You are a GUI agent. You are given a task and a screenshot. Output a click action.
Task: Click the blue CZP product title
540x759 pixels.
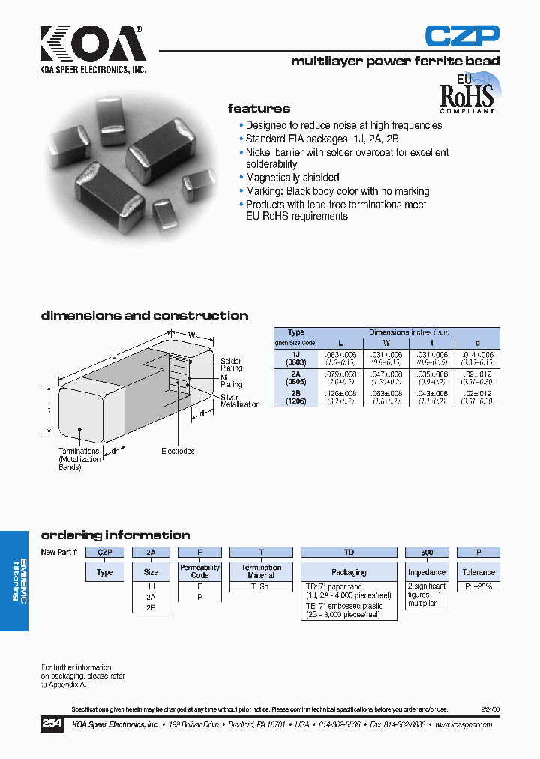pyautogui.click(x=461, y=36)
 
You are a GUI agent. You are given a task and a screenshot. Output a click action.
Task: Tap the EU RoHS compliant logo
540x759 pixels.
pyautogui.click(x=467, y=93)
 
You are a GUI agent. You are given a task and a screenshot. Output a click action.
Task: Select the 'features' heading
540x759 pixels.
pyautogui.click(x=259, y=109)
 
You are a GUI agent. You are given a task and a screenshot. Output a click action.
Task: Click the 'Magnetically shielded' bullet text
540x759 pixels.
pyautogui.click(x=292, y=178)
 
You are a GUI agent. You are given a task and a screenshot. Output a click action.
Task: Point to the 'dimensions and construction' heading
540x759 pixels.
pyautogui.click(x=144, y=316)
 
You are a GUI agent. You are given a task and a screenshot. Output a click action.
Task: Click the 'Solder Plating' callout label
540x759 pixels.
pyautogui.click(x=231, y=364)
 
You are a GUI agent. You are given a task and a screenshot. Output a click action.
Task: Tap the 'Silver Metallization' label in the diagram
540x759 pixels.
pyautogui.click(x=239, y=400)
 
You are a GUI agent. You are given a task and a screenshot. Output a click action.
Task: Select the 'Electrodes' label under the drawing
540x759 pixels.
pyautogui.click(x=178, y=451)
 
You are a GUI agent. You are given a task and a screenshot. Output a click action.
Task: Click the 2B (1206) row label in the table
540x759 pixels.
pyautogui.click(x=296, y=396)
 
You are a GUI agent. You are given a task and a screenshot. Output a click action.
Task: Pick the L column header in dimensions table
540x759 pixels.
pyautogui.click(x=340, y=342)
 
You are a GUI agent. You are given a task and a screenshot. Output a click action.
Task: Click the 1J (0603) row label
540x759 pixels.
pyautogui.click(x=296, y=357)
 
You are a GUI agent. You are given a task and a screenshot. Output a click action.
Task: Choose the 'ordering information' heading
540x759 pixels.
pyautogui.click(x=115, y=535)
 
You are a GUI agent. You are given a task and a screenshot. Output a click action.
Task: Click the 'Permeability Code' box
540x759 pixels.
pyautogui.click(x=199, y=571)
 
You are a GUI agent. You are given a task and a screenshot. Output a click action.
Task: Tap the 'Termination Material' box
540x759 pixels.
pyautogui.click(x=261, y=571)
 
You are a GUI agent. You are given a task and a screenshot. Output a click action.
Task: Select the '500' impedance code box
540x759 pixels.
pyautogui.click(x=427, y=553)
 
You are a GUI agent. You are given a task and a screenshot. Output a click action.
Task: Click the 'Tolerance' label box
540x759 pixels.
pyautogui.click(x=478, y=572)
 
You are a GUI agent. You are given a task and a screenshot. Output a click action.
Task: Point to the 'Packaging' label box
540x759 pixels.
pyautogui.click(x=349, y=572)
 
